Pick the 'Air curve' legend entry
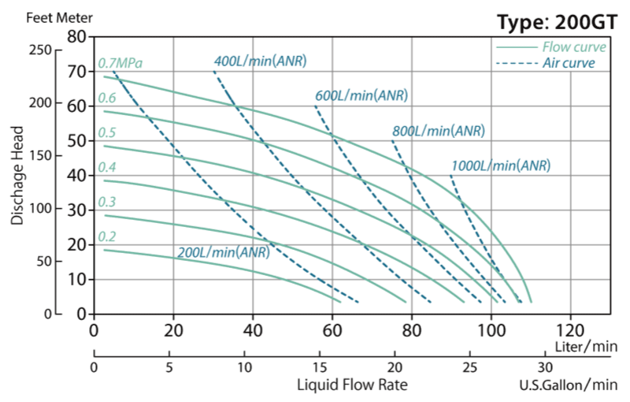[569, 63]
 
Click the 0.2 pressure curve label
[106, 236]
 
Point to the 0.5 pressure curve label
[106, 132]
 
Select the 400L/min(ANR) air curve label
[260, 61]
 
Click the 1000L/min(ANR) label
[500, 166]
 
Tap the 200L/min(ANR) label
[223, 253]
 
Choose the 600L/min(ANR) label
[361, 95]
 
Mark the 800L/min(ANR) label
[439, 131]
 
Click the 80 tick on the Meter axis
[76, 36]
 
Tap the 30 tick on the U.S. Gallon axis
[546, 367]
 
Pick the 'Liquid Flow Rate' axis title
[352, 385]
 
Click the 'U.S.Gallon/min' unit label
[568, 385]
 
